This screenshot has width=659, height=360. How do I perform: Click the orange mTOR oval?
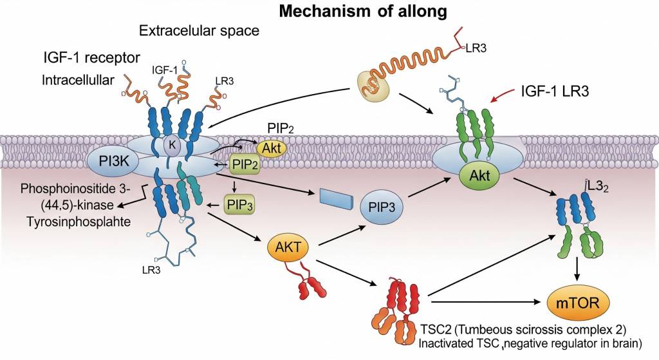click(577, 303)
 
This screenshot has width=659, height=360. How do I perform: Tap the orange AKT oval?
click(287, 246)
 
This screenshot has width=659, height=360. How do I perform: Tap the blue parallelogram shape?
click(336, 198)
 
